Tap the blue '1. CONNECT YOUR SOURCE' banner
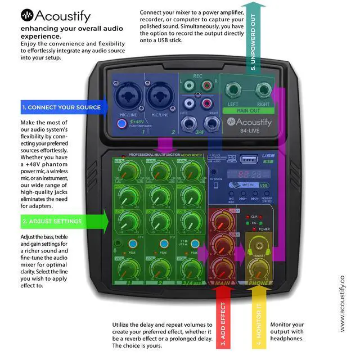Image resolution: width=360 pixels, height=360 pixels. tap(61, 107)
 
